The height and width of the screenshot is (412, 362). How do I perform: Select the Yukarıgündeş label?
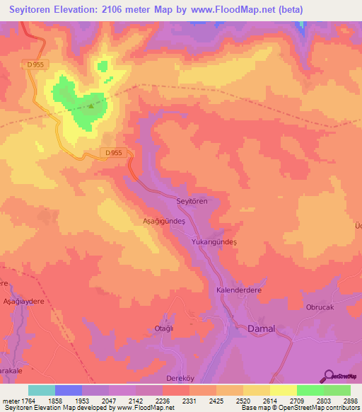tap(214, 242)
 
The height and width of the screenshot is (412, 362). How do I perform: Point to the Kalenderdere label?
tap(239, 291)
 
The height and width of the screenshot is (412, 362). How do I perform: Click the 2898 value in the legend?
tap(349, 400)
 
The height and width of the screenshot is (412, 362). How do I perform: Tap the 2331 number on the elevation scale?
tap(189, 400)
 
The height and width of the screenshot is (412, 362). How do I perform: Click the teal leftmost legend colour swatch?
tap(42, 390)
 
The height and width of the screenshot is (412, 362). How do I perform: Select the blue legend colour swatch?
tap(69, 390)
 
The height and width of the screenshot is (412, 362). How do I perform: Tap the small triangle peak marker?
tap(90, 107)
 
